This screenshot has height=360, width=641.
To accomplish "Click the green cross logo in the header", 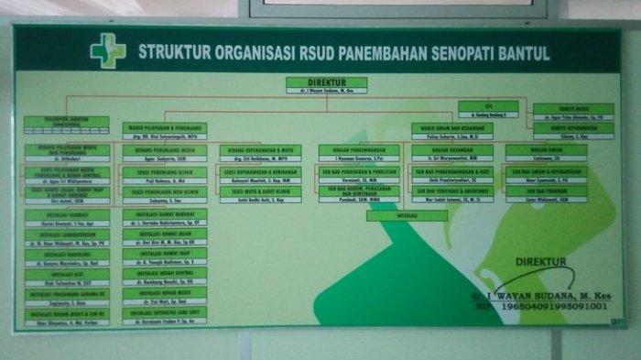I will pos(107,49).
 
